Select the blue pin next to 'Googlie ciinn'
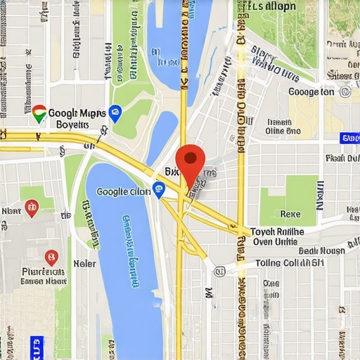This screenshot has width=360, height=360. coord(159,188)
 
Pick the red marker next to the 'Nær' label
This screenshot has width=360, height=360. coord(31,207)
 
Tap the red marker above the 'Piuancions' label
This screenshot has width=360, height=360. coord(51,258)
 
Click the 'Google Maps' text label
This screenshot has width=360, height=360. coord(77,112)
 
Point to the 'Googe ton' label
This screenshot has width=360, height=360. coord(311,92)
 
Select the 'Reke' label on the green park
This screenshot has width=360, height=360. coord(290,213)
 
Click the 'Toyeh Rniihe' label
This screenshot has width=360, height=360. coord(278,231)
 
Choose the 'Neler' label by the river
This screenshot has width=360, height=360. coord(84,263)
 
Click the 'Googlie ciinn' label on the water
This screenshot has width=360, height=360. coord(123,191)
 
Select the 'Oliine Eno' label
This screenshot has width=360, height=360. coord(283,130)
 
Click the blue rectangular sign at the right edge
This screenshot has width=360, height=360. coord(349,139)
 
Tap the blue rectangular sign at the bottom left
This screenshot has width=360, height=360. coord(37,345)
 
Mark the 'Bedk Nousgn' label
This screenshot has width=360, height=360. coord(322,250)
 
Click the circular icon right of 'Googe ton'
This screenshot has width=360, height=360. coord(346,92)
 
